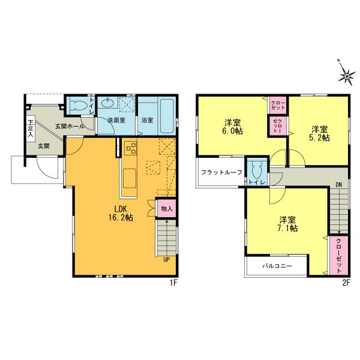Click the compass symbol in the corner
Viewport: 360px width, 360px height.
click(x=346, y=74)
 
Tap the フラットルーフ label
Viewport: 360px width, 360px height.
click(x=221, y=173)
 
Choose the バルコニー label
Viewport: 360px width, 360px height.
click(x=277, y=265)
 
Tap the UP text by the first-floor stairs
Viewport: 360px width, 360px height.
click(x=166, y=259)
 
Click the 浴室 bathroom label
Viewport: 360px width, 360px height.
click(x=147, y=121)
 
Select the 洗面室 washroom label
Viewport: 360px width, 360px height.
click(x=116, y=121)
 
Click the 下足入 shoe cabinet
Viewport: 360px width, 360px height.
click(x=29, y=128)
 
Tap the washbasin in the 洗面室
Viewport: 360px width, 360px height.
click(x=109, y=104)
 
